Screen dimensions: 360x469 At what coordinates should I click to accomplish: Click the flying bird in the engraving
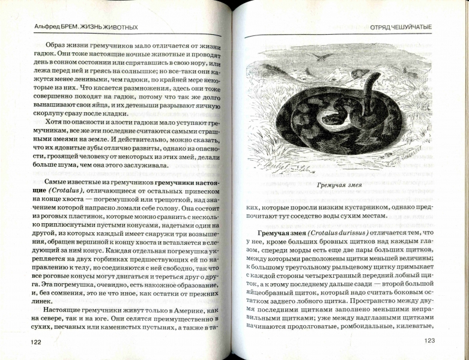coord(325,57)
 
